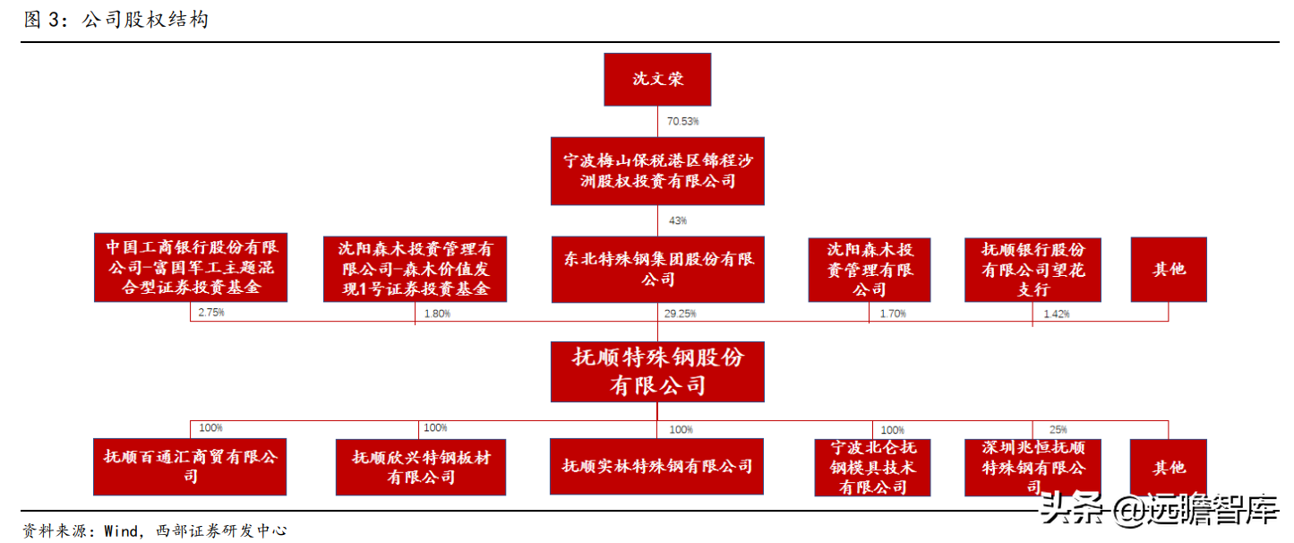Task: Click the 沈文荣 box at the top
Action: pyautogui.click(x=658, y=79)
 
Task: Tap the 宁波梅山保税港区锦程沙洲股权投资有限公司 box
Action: pyautogui.click(x=658, y=171)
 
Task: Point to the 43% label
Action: pyautogui.click(x=677, y=220)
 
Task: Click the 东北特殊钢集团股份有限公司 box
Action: pyautogui.click(x=658, y=269)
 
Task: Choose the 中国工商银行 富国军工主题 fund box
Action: pyautogui.click(x=190, y=267)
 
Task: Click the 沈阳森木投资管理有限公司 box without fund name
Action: pyautogui.click(x=869, y=269)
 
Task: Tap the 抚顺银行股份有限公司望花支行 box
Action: pyautogui.click(x=1033, y=269)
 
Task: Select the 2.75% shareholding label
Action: pyautogui.click(x=211, y=313)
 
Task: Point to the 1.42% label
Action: pyautogui.click(x=1057, y=314)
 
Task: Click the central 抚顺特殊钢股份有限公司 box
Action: pyautogui.click(x=658, y=371)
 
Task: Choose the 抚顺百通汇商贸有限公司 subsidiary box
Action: pyautogui.click(x=190, y=466)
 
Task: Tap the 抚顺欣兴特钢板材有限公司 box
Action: pyautogui.click(x=421, y=467)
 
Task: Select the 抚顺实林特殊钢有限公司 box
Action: pyautogui.click(x=656, y=466)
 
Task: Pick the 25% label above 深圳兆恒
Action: pyautogui.click(x=1058, y=430)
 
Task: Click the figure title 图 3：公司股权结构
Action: pyautogui.click(x=116, y=20)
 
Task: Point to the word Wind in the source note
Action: pyautogui.click(x=121, y=530)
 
